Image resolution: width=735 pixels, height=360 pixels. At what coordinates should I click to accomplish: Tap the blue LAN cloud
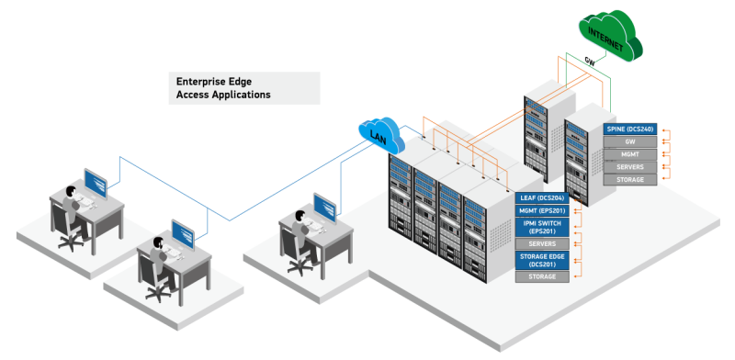point(380,137)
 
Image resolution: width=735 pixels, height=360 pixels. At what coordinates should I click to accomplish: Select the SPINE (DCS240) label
point(630,129)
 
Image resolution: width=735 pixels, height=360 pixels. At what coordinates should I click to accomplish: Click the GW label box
point(630,141)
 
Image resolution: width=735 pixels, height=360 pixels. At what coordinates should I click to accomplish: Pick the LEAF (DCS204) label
point(543,198)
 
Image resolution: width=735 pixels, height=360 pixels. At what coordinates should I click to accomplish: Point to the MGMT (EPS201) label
point(543,211)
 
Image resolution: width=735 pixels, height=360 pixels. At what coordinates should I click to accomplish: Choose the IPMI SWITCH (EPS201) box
point(543,227)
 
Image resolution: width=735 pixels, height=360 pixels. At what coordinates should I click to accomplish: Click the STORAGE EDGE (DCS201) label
point(543,260)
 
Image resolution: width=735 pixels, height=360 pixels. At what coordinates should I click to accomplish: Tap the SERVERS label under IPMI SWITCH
point(543,243)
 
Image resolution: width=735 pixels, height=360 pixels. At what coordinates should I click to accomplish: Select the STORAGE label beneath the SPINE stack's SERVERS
point(630,180)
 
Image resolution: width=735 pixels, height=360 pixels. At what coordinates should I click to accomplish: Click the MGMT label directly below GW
point(630,154)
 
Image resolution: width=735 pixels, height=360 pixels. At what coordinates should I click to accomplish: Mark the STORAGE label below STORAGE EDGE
point(543,276)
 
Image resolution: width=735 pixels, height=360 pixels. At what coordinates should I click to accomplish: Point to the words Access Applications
point(223,95)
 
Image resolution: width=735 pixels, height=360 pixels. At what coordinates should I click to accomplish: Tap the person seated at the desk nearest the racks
point(299,230)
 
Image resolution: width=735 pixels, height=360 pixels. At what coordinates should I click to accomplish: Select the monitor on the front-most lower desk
point(182,233)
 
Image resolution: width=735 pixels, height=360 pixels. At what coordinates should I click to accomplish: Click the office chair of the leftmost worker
point(68,230)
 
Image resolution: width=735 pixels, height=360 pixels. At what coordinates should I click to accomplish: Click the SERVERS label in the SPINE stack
point(630,167)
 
